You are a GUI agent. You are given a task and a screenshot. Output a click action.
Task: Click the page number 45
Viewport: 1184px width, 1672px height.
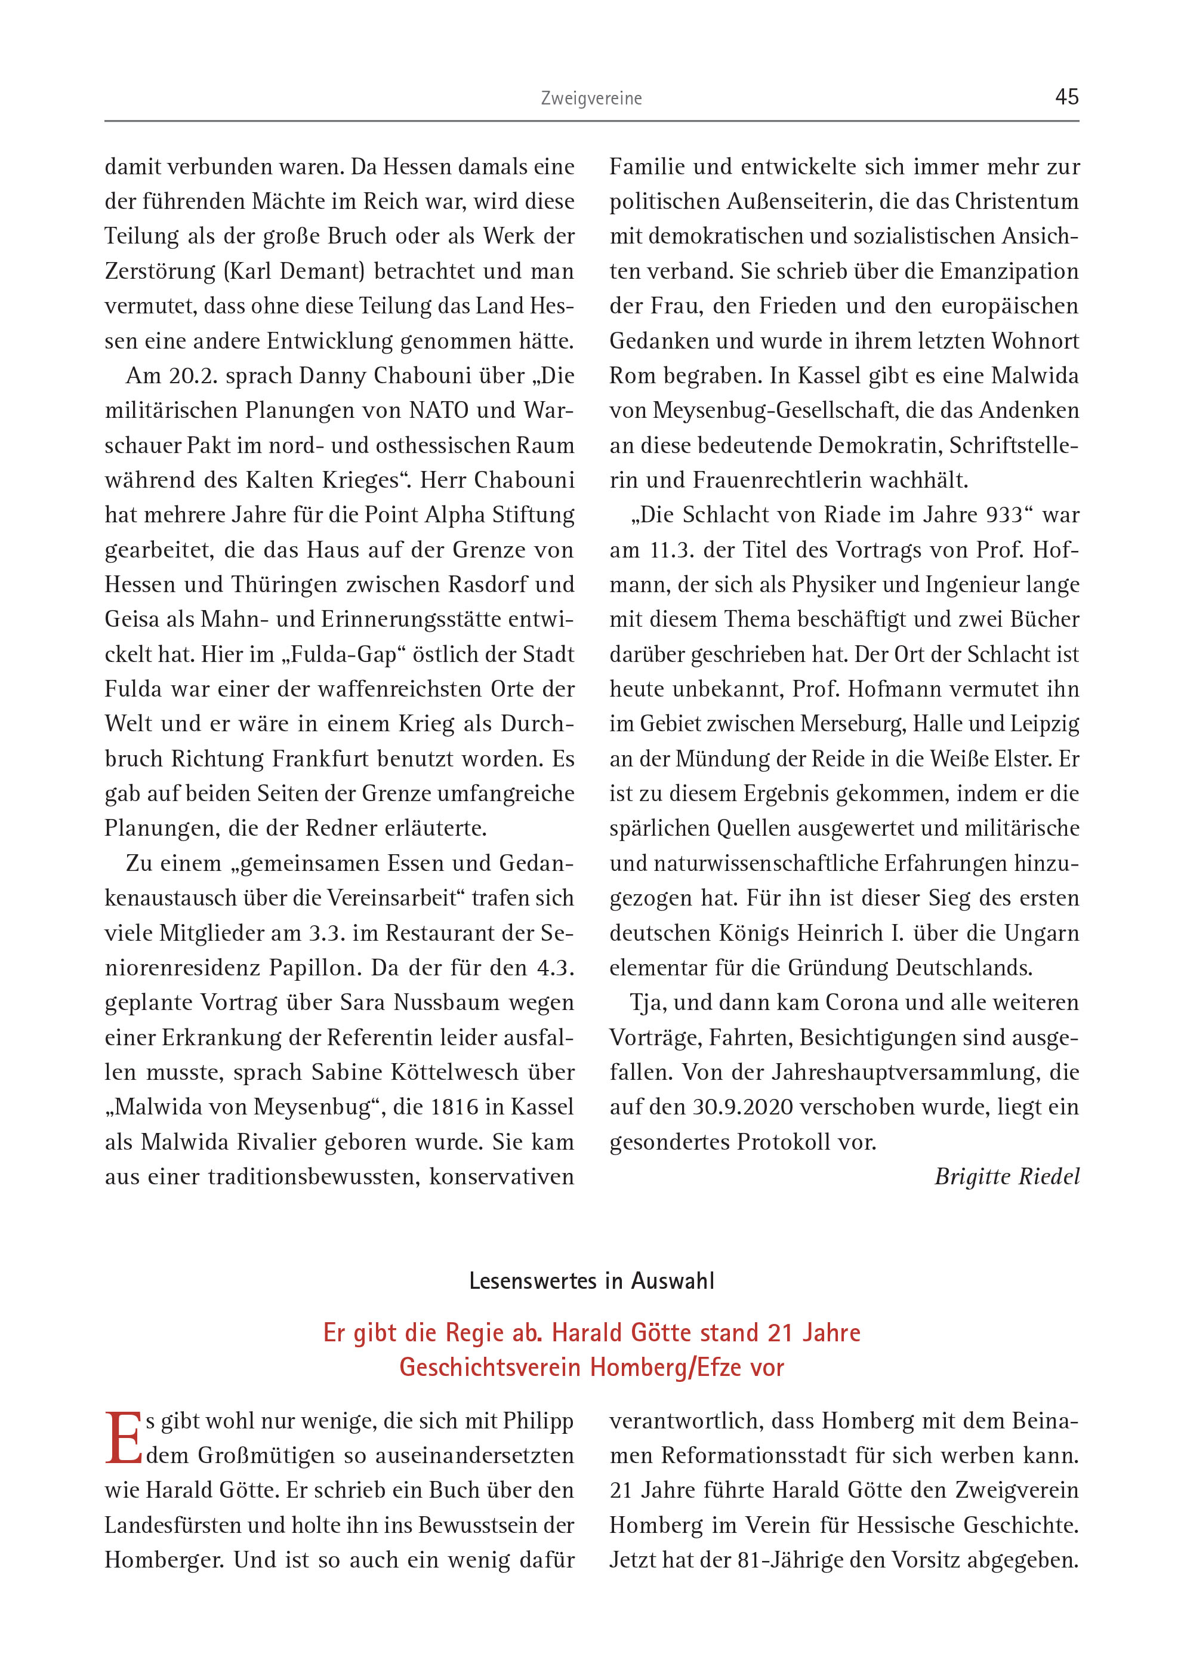(1066, 97)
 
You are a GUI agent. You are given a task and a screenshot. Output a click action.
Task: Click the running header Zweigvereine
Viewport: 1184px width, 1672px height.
(591, 98)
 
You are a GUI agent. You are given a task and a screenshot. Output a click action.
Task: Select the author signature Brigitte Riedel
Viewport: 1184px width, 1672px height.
(1006, 1176)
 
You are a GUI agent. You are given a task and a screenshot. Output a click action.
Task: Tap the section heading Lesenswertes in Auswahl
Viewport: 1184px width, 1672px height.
(591, 1281)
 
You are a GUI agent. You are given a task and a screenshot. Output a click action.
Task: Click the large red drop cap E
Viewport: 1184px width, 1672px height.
(123, 1438)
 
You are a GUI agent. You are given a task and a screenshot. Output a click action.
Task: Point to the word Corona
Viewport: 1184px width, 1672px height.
(862, 1003)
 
